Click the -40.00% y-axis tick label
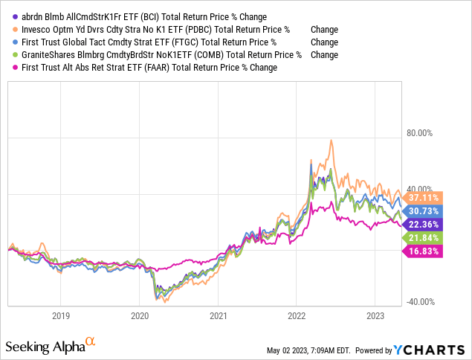pos(420,301)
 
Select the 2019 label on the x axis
pos(61,315)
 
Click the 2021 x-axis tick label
pos(218,315)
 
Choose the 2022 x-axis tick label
pos(297,315)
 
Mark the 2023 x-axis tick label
pos(375,315)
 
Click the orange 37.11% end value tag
pos(423,198)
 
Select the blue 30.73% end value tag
pos(423,211)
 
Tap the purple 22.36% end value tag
pos(423,225)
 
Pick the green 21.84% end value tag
pos(423,238)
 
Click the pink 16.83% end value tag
pos(423,251)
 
